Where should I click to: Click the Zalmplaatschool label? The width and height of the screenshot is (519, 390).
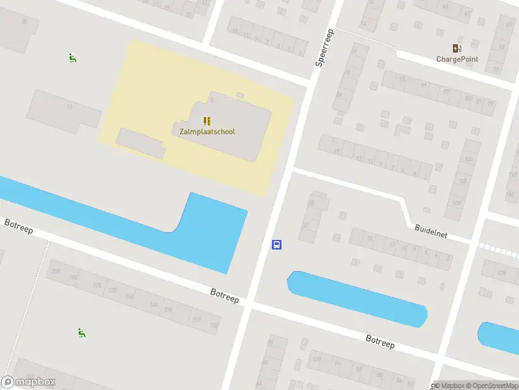coord(207,131)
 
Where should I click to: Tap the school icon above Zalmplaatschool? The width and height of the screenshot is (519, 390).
coord(207,121)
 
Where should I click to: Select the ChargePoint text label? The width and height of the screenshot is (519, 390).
coord(457,59)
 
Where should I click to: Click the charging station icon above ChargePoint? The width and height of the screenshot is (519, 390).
coord(457,47)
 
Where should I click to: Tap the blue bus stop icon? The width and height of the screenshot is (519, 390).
coord(276,244)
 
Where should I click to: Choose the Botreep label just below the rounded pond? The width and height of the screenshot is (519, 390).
coord(380,342)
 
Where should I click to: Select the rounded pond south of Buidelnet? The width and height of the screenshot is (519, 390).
coord(357,298)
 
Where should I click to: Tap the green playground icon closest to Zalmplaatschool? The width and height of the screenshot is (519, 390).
coord(72,57)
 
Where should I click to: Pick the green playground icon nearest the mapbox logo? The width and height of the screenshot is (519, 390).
coord(82,333)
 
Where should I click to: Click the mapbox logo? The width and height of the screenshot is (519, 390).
coord(29,382)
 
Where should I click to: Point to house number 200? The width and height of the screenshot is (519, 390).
coord(55,271)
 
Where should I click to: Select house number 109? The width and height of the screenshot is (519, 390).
coord(457,203)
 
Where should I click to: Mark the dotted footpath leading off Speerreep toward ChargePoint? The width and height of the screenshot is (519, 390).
coord(367,37)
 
